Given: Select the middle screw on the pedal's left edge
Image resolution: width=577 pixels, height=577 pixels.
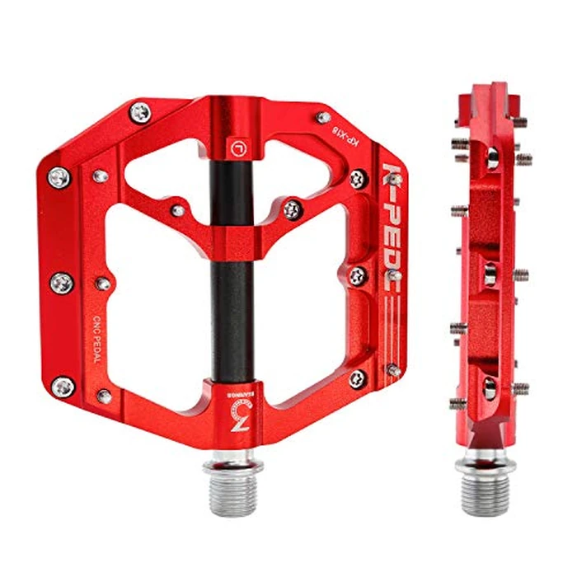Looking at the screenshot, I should pos(62,282).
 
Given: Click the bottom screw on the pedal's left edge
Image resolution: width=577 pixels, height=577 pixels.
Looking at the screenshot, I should pos(63,384).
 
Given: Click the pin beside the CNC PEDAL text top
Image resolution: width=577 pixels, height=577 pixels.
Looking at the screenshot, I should pos(103,284).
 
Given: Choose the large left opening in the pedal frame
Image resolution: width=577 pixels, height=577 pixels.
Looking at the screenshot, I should pos(157,305).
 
